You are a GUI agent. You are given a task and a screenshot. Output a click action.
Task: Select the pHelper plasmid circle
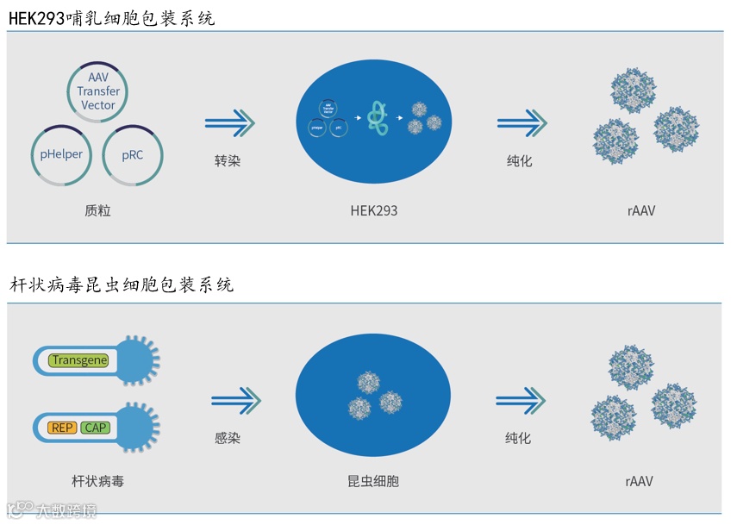pos(62,155)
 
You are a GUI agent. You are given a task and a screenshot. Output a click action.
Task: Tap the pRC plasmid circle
pos(133,155)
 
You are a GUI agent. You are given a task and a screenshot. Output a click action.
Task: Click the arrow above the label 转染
pos(229,123)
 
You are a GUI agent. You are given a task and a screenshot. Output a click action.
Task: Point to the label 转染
pos(228,161)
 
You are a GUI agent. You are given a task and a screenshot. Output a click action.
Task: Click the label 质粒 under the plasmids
pos(97,210)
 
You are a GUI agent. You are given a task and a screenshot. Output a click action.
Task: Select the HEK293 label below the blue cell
pos(374,210)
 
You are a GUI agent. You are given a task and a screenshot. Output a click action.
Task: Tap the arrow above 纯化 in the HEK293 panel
pos(522,123)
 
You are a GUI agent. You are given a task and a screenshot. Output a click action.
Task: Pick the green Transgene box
pos(78,360)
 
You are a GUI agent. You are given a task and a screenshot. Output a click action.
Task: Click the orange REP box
pos(64,428)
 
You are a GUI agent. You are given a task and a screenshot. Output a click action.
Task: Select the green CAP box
pos(95,428)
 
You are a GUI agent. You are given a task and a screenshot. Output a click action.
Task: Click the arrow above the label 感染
pos(235,400)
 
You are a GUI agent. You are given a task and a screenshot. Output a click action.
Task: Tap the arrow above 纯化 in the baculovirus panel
pos(521,400)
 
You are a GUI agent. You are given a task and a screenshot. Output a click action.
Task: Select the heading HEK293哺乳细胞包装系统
pos(112,18)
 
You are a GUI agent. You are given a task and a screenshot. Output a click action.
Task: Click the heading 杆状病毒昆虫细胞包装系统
pos(122,284)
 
